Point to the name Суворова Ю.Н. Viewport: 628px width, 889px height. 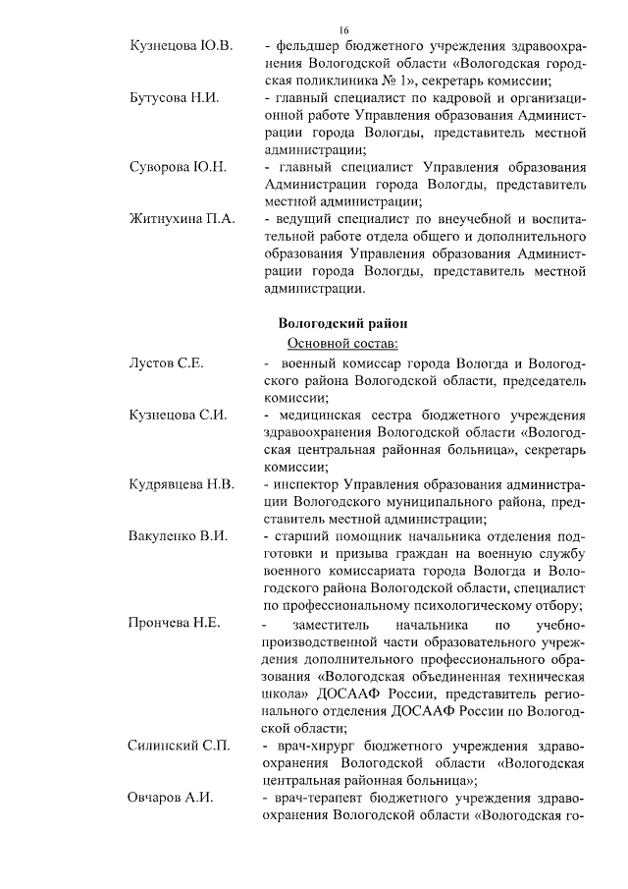[178, 166]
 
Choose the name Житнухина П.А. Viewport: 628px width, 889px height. [182, 219]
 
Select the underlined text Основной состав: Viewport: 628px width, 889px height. [341, 343]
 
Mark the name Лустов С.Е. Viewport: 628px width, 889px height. [166, 363]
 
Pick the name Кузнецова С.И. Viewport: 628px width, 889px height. [179, 416]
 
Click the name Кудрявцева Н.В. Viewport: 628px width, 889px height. [182, 484]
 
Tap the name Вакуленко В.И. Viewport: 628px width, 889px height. [179, 537]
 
